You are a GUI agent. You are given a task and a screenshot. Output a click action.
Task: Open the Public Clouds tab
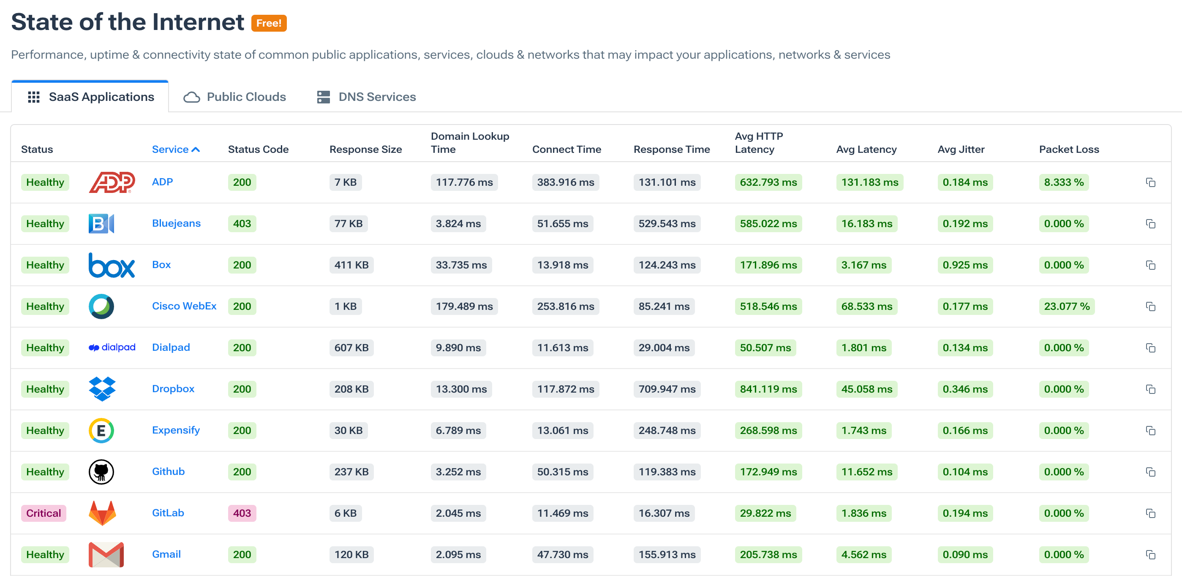[235, 97]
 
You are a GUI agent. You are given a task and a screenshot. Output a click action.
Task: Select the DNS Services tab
[367, 97]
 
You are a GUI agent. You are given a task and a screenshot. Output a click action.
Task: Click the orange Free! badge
[269, 23]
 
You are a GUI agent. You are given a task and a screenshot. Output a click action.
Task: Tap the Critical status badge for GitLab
[44, 513]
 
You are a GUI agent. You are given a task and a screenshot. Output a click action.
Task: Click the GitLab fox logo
[102, 513]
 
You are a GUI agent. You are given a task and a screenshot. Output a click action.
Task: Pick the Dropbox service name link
[173, 388]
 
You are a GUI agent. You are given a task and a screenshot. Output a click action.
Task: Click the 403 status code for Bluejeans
[242, 223]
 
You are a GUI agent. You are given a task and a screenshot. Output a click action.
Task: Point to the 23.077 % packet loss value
[1066, 306]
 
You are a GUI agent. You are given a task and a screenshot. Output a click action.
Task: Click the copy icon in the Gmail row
[1150, 555]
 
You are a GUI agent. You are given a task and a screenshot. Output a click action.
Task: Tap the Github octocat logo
[101, 472]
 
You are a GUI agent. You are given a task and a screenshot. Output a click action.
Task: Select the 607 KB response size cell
[351, 347]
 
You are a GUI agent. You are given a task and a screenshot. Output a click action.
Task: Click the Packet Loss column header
[1069, 149]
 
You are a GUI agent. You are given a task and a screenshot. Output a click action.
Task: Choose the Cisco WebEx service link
[184, 306]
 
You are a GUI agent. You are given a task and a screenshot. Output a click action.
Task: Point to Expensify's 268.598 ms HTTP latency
[768, 430]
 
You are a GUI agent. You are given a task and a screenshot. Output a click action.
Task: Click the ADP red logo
[112, 182]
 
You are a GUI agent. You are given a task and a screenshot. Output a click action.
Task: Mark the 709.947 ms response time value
[667, 389]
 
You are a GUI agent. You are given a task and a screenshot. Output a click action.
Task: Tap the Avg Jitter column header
[961, 149]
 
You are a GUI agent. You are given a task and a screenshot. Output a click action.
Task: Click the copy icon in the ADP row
[1150, 182]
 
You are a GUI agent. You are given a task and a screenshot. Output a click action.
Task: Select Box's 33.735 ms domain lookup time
[461, 265]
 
